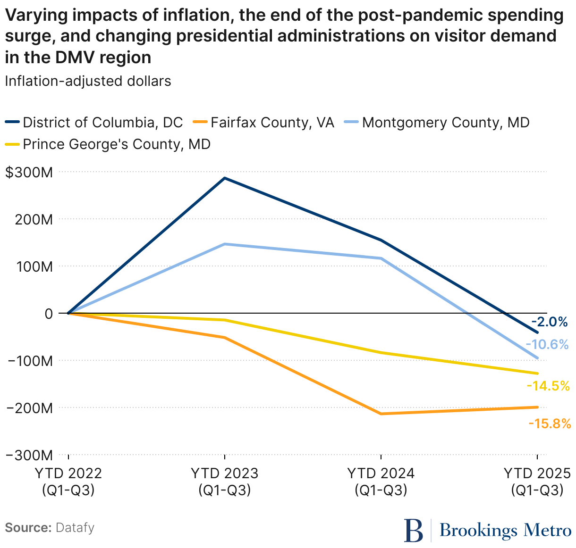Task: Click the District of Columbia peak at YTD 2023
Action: coord(225,178)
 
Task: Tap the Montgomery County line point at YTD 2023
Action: coord(225,244)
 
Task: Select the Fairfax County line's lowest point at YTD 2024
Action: coord(381,414)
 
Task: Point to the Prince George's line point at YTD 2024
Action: coord(381,352)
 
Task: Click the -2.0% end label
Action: coord(552,322)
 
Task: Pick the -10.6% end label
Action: coord(547,344)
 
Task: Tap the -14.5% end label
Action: coord(548,386)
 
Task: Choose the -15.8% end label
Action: coord(550,423)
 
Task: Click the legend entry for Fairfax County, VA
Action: coord(272,123)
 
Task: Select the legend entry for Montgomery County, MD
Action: coord(446,123)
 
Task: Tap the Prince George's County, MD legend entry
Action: coord(116,144)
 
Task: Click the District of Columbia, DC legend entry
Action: coord(102,123)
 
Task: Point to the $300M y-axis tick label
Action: coord(29,172)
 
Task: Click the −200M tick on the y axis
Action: coord(29,408)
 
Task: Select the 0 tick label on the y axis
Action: coord(49,314)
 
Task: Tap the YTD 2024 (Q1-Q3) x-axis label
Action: coord(381,482)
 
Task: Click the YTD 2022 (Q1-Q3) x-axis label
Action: coord(68,482)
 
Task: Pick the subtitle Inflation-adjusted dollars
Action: coord(88,81)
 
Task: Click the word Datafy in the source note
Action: coord(75,527)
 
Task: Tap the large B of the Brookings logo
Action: coord(414,531)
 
